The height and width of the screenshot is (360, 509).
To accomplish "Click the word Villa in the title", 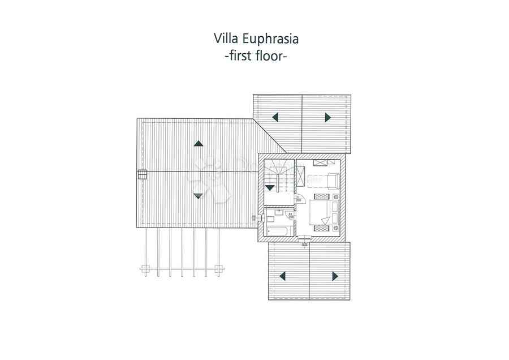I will (225, 39).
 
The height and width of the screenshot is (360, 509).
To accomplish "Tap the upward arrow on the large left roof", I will (197, 144).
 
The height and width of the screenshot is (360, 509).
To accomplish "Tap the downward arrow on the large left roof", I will (197, 195).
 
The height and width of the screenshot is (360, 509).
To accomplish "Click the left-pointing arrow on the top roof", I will (275, 117).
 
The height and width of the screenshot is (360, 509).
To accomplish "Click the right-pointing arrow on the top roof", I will (327, 117).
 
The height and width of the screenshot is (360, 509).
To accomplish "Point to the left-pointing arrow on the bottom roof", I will (281, 276).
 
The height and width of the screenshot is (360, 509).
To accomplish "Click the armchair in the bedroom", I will (331, 181).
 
